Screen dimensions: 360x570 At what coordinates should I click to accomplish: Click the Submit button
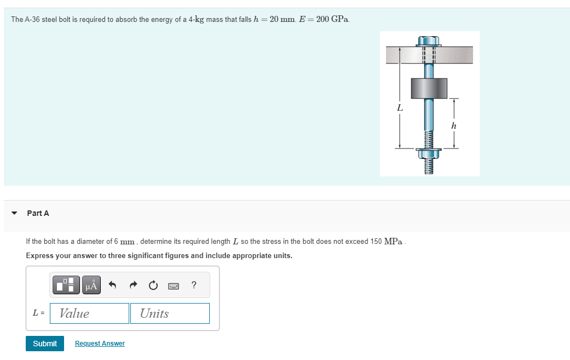pyautogui.click(x=44, y=344)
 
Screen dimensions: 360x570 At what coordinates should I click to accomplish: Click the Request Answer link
pyautogui.click(x=100, y=344)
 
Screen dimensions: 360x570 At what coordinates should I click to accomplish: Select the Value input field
pyautogui.click(x=89, y=313)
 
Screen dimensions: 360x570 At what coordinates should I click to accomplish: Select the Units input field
pyautogui.click(x=170, y=313)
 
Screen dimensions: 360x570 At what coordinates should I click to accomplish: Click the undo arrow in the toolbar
pyautogui.click(x=113, y=285)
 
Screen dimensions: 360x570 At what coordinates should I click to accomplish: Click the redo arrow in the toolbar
pyautogui.click(x=133, y=285)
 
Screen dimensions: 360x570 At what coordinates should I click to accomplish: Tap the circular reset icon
pyautogui.click(x=153, y=285)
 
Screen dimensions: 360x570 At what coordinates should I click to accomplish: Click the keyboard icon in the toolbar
pyautogui.click(x=174, y=285)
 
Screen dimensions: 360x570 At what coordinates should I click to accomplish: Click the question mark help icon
pyautogui.click(x=194, y=285)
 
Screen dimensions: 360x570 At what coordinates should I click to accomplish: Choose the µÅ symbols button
pyautogui.click(x=91, y=285)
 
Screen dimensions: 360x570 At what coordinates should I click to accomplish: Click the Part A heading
pyautogui.click(x=38, y=213)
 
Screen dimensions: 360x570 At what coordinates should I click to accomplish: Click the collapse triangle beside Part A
pyautogui.click(x=14, y=213)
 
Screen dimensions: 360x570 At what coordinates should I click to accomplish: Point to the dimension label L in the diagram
pyautogui.click(x=400, y=108)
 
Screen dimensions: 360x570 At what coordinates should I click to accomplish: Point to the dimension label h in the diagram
pyautogui.click(x=453, y=126)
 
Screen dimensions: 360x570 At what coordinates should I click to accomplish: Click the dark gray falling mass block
pyautogui.click(x=429, y=88)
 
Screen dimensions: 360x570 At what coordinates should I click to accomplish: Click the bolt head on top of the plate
pyautogui.click(x=429, y=41)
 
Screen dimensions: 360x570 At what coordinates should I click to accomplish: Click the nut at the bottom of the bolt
pyautogui.click(x=429, y=154)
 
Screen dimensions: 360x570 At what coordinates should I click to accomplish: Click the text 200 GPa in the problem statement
pyautogui.click(x=332, y=19)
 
